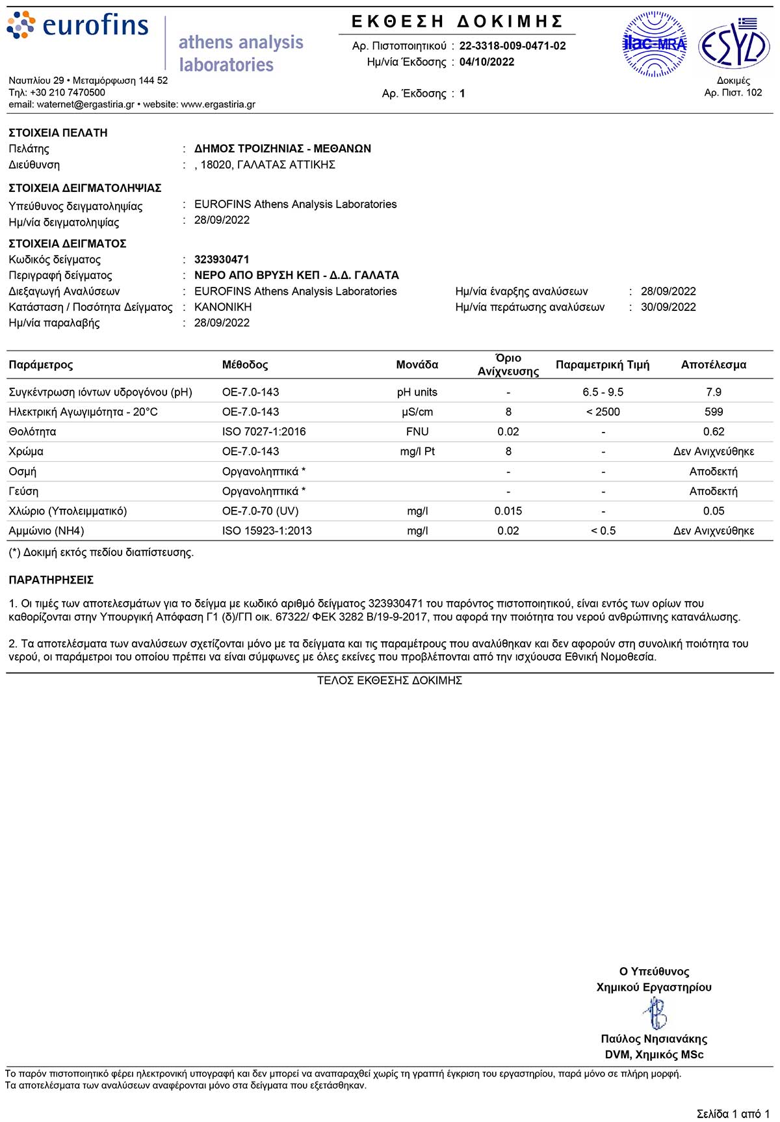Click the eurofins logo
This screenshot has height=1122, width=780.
[x=78, y=26]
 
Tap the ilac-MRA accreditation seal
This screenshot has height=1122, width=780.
[x=655, y=44]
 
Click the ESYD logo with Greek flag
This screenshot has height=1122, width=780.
[x=734, y=44]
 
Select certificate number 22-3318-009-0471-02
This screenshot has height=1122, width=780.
[x=512, y=46]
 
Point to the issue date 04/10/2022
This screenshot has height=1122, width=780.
[x=487, y=62]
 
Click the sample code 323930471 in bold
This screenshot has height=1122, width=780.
[x=222, y=260]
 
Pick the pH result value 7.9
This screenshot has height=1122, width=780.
[x=713, y=392]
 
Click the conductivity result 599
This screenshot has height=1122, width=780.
[x=713, y=412]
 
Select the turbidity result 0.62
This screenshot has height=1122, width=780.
[x=713, y=432]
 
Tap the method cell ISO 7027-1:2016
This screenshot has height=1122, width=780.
[x=264, y=432]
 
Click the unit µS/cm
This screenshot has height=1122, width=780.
[x=417, y=412]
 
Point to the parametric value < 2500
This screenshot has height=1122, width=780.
[x=603, y=412]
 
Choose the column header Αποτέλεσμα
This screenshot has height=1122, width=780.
[x=713, y=365]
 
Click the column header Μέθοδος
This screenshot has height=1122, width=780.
[x=245, y=365]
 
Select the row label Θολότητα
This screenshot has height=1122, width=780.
[x=32, y=432]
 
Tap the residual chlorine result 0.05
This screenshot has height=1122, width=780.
[x=713, y=511]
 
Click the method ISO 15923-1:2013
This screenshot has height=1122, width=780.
[x=266, y=531]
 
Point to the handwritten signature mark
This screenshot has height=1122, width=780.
[x=655, y=1013]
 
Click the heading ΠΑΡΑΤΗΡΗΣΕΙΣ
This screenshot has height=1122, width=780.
[x=51, y=580]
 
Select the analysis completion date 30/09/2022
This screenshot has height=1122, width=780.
[x=668, y=307]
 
